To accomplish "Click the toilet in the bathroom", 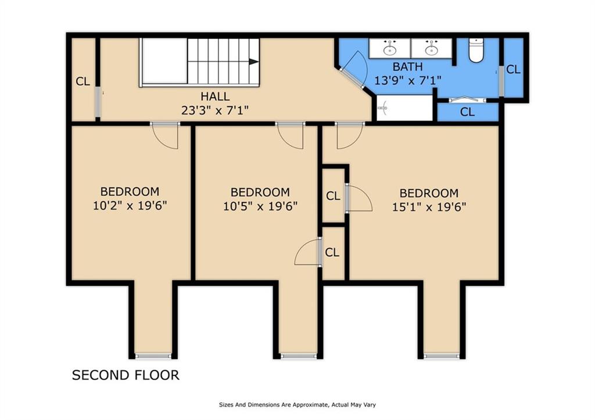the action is (475, 50).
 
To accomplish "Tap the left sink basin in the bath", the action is (389, 50).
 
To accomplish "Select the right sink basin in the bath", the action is (431, 50).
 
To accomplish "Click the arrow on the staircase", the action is (254, 62).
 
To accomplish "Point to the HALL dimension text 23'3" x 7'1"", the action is (215, 110).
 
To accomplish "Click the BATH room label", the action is (407, 67).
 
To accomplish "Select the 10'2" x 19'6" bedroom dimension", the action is (130, 206).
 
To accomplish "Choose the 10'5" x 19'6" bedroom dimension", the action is (260, 206).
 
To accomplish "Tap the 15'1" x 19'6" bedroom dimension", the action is (429, 207).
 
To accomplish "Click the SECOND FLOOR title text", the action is (126, 375).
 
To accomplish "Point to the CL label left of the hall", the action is (83, 81).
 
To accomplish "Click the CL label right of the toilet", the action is (513, 70).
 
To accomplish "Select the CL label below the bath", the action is (467, 112).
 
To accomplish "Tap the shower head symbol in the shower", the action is (383, 108).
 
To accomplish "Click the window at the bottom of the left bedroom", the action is (153, 356).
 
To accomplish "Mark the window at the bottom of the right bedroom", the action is (442, 356).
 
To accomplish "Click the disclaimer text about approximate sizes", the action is (297, 405).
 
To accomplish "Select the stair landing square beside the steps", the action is (164, 61).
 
